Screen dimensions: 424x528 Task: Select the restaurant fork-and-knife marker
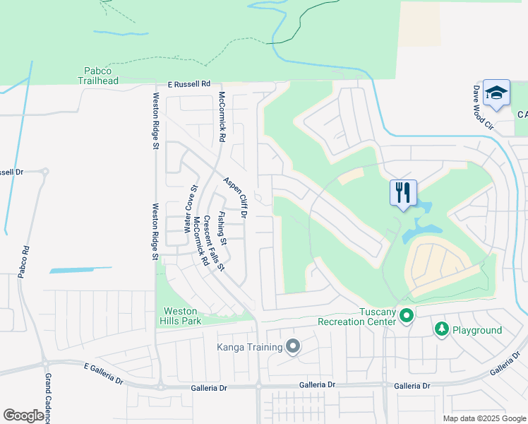[x=403, y=193]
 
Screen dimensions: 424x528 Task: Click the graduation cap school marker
[x=496, y=93]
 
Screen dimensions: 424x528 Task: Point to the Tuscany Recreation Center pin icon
[x=406, y=315]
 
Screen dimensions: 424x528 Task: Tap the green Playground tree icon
[x=442, y=329]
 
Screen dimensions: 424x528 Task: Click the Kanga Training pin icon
[x=293, y=346]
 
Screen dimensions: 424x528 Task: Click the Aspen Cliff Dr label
[x=236, y=196]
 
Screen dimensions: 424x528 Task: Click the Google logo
[x=23, y=416]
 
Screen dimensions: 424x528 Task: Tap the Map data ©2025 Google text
[x=484, y=418]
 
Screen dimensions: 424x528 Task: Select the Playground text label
[x=478, y=330]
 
